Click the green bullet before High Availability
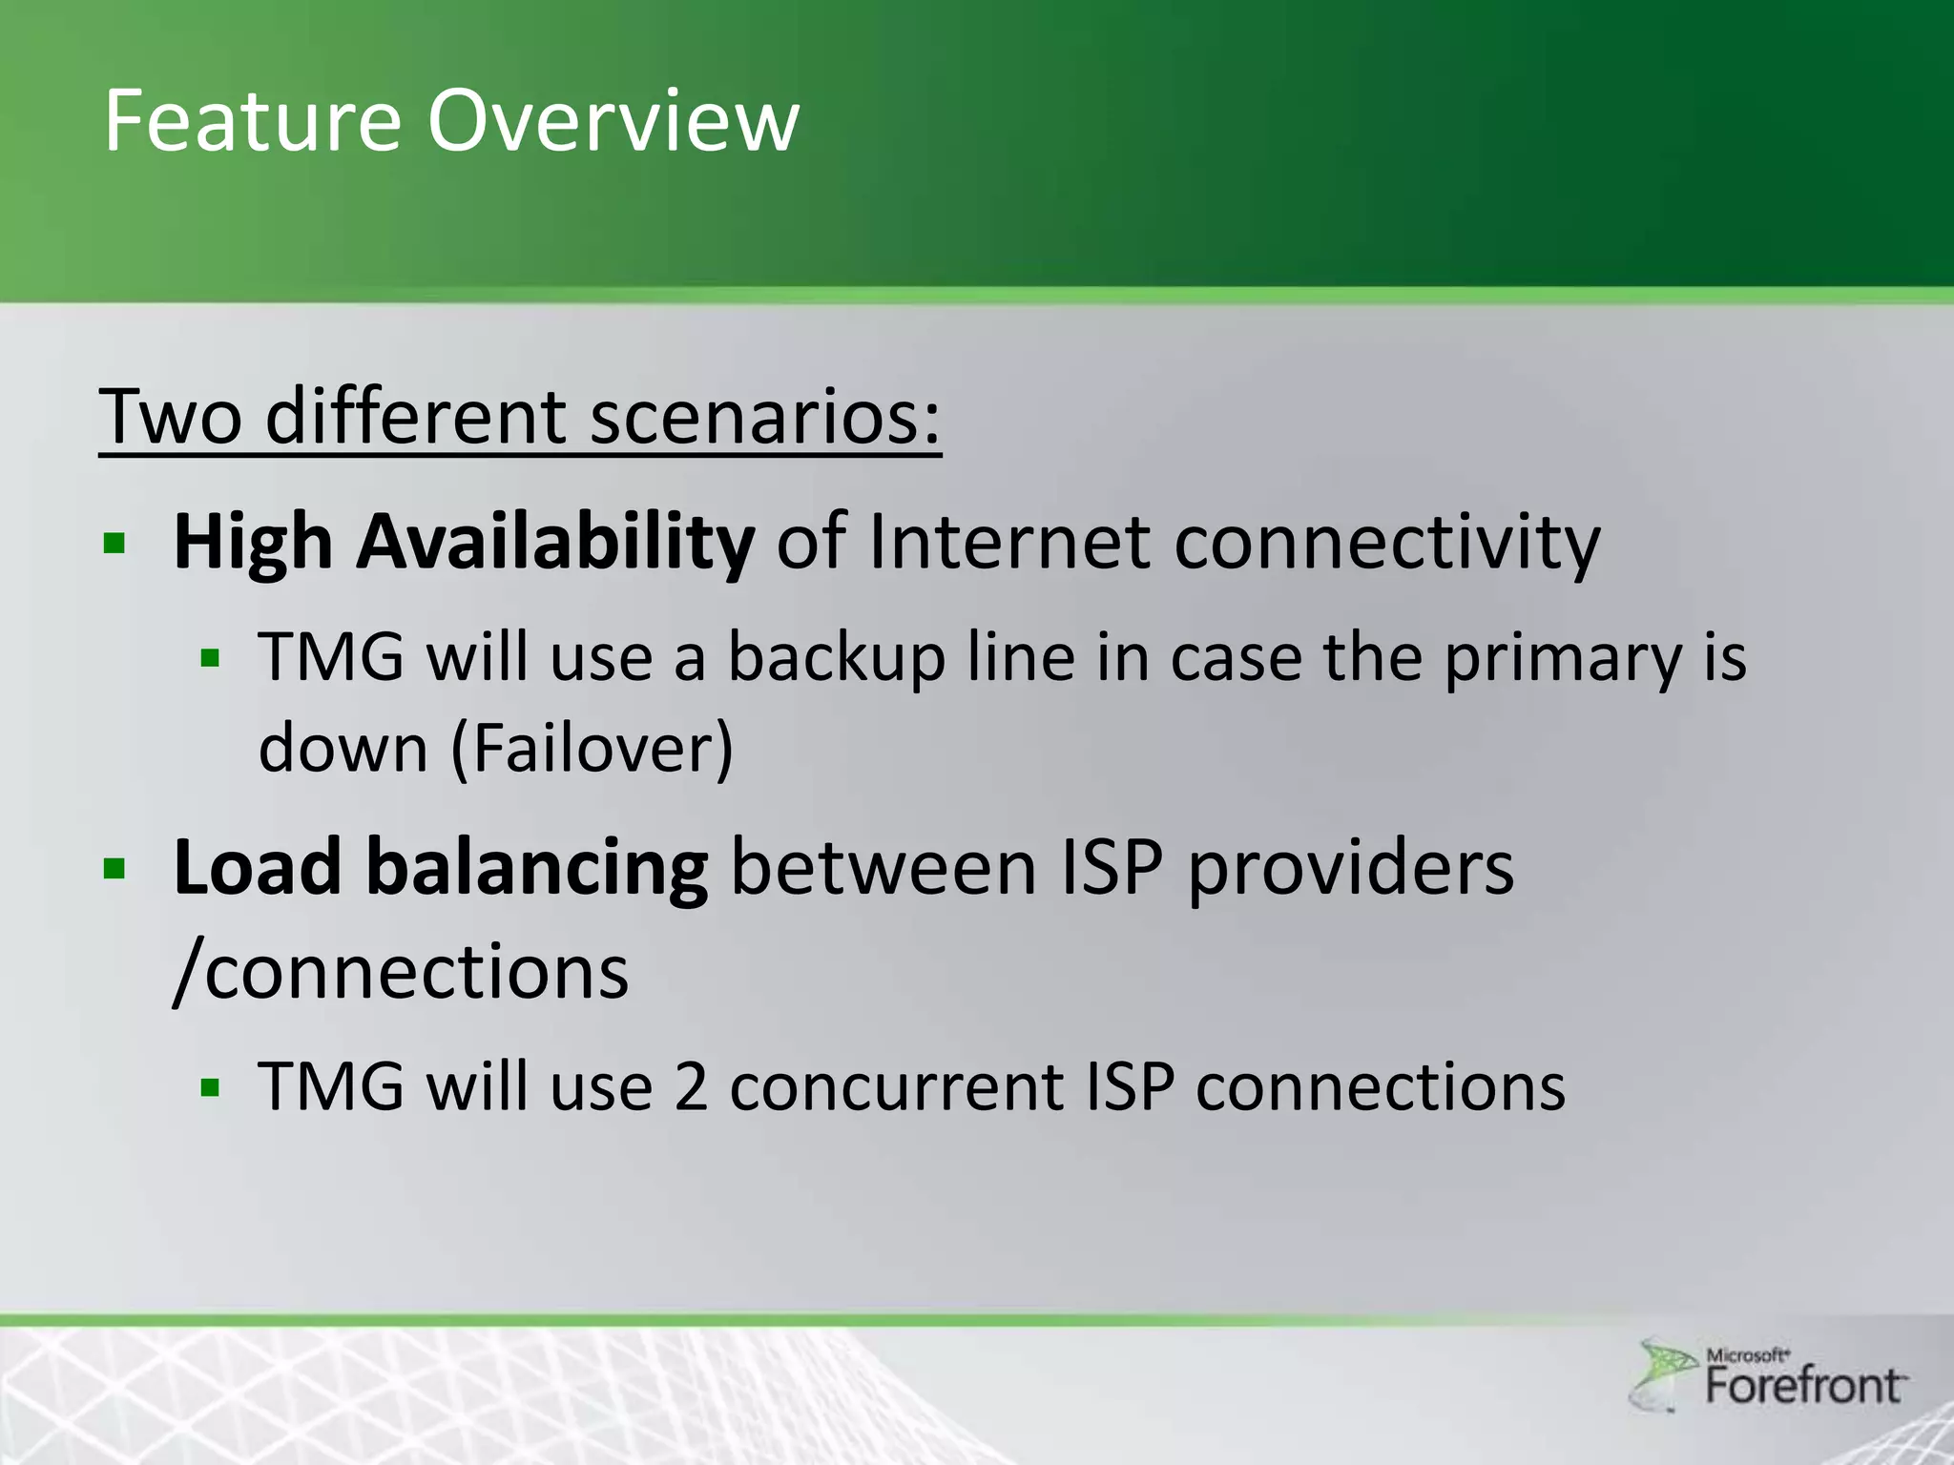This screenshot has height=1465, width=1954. coord(115,544)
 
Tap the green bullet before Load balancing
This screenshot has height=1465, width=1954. coord(115,868)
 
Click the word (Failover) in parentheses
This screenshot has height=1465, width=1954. coord(592,749)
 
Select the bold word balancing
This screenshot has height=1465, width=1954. coord(536,868)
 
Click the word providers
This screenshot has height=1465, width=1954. coord(1350,868)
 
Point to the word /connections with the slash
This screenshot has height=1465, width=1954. coord(401,972)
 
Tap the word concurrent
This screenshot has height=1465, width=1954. coord(897,1087)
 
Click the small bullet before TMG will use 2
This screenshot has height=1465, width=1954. coord(211,1087)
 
